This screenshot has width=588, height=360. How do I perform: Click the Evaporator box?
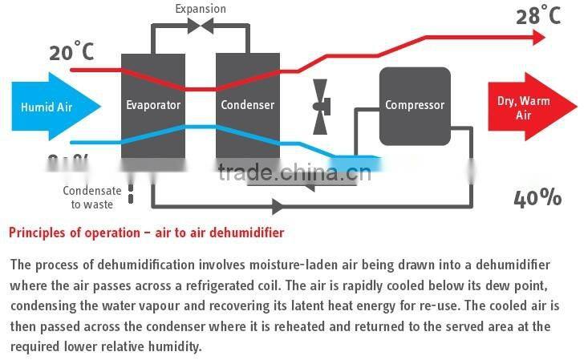pyautogui.click(x=152, y=105)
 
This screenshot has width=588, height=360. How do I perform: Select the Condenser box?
pyautogui.click(x=247, y=105)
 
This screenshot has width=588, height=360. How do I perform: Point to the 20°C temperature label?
pyautogui.click(x=72, y=52)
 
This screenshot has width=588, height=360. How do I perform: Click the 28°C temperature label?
pyautogui.click(x=537, y=15)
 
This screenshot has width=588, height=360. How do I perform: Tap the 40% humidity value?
pyautogui.click(x=537, y=198)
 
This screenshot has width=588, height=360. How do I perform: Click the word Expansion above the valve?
pyautogui.click(x=200, y=9)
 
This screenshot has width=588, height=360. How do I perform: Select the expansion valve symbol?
pyautogui.click(x=200, y=26)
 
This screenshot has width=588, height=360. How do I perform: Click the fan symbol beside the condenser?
pyautogui.click(x=320, y=107)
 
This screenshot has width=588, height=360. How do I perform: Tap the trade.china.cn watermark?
pyautogui.click(x=294, y=172)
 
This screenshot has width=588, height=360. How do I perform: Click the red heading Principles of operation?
pyautogui.click(x=146, y=233)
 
